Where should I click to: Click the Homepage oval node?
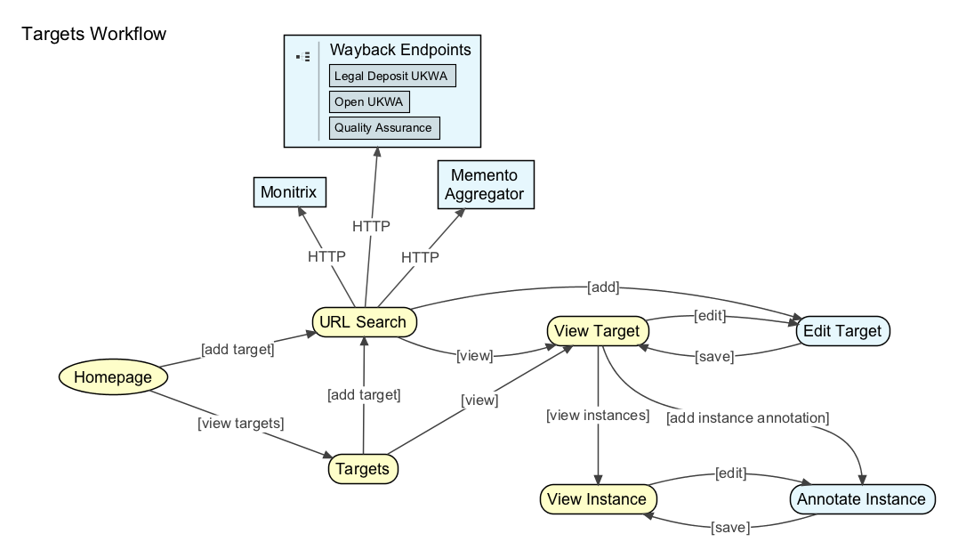coord(113,376)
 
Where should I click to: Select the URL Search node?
coord(364,322)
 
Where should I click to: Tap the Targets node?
coord(363,469)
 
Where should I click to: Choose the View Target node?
coord(598,331)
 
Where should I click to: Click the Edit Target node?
coord(842,331)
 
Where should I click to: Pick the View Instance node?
coord(598,499)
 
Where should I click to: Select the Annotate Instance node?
coord(861,499)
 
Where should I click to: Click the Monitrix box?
coord(290,192)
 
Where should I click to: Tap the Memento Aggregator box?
coord(486,184)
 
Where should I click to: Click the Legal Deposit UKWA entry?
coord(392,76)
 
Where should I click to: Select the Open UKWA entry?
coord(369,102)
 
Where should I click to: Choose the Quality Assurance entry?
coord(384,128)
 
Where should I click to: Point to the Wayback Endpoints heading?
coord(400,50)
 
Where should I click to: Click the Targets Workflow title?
coord(94,34)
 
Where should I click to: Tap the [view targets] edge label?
coord(241,423)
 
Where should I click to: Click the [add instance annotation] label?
coord(748,418)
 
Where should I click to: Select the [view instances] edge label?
coord(598,416)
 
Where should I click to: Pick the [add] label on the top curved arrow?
coord(603,287)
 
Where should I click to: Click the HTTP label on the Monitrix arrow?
coord(326,256)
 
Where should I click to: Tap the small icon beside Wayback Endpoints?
coord(303,57)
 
